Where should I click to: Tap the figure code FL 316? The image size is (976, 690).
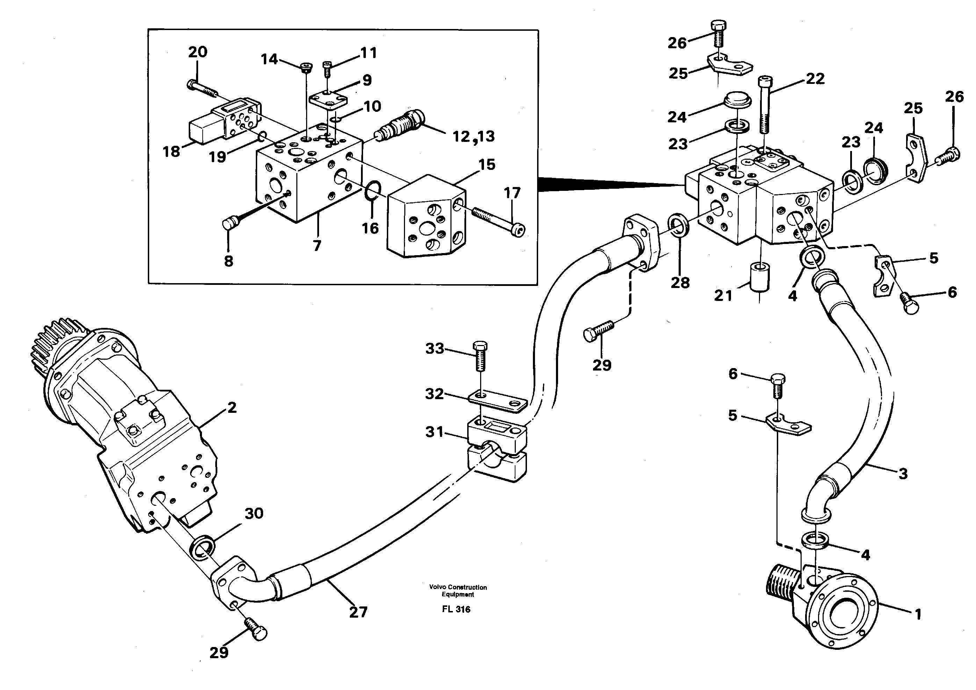pyautogui.click(x=456, y=609)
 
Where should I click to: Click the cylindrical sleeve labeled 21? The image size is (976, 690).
pyautogui.click(x=760, y=279)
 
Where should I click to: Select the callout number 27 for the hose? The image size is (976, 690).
pyautogui.click(x=358, y=612)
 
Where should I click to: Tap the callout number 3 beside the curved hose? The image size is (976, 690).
pyautogui.click(x=903, y=473)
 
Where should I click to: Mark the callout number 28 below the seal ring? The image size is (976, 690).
pyautogui.click(x=680, y=282)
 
